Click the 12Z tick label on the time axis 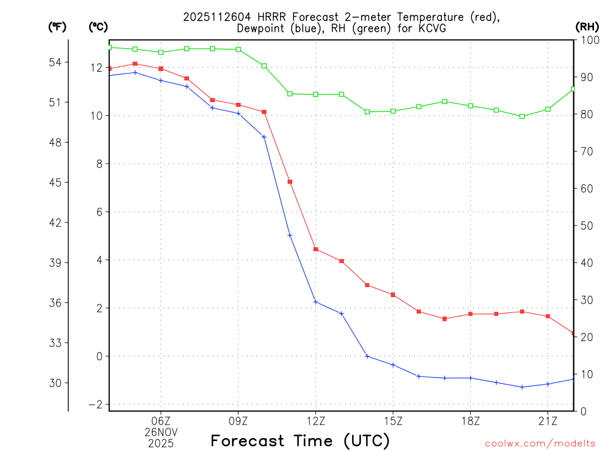[x=316, y=420]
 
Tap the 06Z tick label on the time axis [x=161, y=420]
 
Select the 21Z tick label [x=548, y=420]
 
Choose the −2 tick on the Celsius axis [x=95, y=405]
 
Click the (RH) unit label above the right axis [x=587, y=26]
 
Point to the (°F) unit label [x=58, y=26]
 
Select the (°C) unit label [x=97, y=26]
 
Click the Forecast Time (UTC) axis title [x=300, y=440]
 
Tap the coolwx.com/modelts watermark [x=541, y=442]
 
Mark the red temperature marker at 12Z [x=316, y=249]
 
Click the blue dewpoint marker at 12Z [x=316, y=302]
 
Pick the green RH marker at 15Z [x=393, y=111]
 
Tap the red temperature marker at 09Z [x=238, y=105]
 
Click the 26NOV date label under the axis [x=161, y=432]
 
